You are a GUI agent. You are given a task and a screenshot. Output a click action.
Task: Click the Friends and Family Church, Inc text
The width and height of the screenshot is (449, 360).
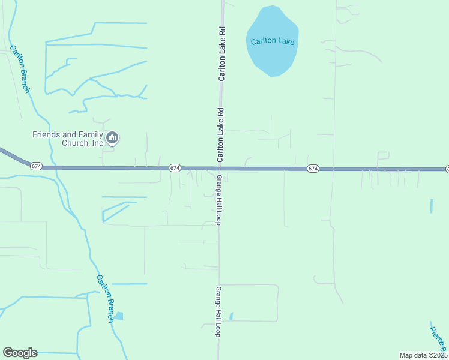67,139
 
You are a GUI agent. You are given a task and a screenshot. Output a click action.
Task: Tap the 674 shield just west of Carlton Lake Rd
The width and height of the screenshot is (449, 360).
175,168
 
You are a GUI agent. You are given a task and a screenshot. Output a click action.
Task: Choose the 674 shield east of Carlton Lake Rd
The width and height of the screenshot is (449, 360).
313,169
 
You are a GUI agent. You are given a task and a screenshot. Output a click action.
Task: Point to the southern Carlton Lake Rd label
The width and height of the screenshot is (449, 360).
220,135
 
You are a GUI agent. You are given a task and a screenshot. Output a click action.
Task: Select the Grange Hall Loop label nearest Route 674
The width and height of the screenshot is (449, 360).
220,200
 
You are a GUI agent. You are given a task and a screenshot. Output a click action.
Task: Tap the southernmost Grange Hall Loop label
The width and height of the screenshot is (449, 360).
218,311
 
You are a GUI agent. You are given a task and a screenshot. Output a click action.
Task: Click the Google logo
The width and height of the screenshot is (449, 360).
20,353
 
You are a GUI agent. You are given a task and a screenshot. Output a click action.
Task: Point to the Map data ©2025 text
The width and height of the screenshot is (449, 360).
423,355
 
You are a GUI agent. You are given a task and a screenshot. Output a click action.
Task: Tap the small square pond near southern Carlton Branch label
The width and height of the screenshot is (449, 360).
119,316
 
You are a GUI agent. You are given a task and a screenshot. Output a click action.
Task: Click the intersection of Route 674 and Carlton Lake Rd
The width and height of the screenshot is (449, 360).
220,169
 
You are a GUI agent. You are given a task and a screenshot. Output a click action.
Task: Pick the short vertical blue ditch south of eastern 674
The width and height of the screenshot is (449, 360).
431,206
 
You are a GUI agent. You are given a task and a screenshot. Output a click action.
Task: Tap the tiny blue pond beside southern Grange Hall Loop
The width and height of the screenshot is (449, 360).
231,316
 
